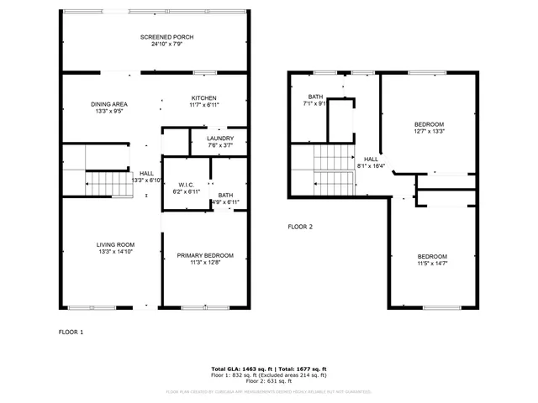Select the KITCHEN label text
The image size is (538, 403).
pos(203,97)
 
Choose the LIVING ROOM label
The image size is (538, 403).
pos(115,244)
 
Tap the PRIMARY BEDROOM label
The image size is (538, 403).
pos(205,255)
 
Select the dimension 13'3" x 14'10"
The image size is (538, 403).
pos(115,251)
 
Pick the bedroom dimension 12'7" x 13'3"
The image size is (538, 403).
pos(429,131)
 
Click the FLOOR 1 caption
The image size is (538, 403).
pos(71,332)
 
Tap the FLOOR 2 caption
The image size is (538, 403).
pos(300,227)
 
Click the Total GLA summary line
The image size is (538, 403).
pos(268,369)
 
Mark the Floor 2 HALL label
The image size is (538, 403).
pos(371,159)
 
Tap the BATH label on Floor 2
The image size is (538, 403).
pos(315,97)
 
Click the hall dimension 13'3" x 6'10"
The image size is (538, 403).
pos(146,180)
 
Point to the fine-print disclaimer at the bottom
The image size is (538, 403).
pos(268,391)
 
